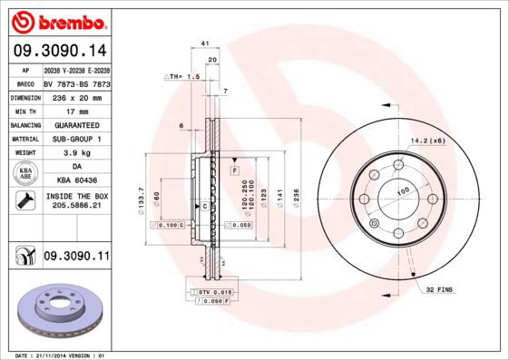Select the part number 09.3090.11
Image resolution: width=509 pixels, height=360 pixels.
click(76, 258)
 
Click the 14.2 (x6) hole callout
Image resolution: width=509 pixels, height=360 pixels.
click(426, 141)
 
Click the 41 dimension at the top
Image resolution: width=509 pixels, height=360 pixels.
click(206, 43)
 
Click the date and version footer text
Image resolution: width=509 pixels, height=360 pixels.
click(56, 355)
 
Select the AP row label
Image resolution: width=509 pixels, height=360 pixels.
click(24, 69)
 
